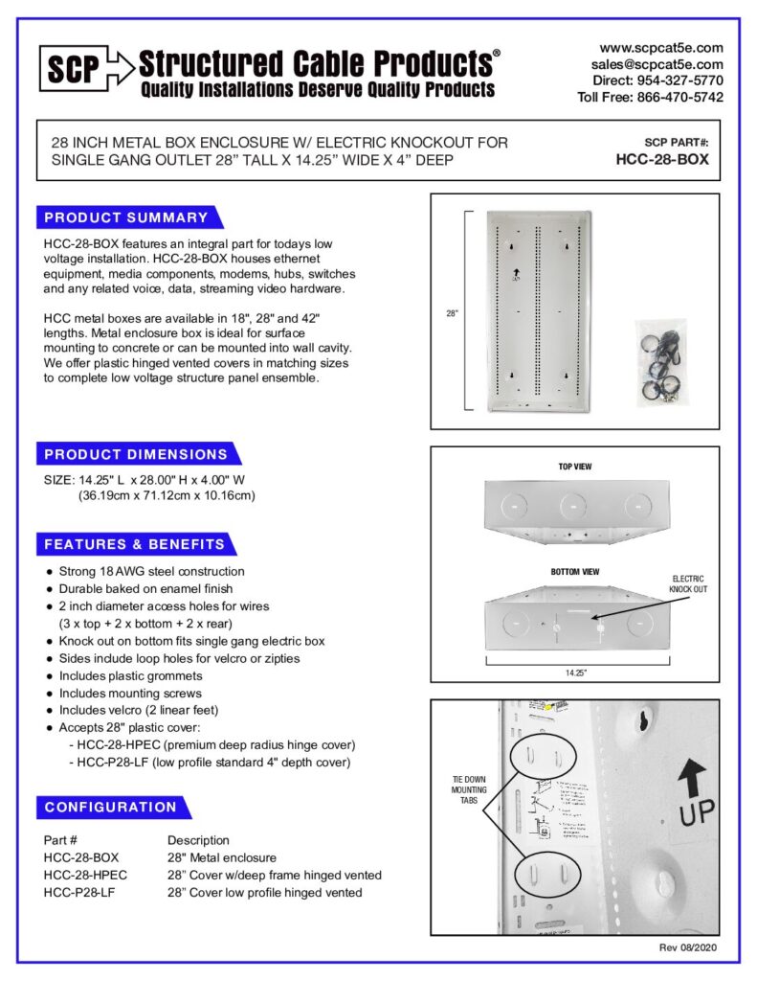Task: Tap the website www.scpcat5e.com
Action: coord(661,47)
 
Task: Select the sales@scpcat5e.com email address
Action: coord(657,63)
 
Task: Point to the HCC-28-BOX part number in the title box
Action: coord(662,160)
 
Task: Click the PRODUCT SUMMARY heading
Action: coord(126,217)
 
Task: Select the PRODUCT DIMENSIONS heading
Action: coord(136,454)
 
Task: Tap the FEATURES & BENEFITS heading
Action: coord(135,544)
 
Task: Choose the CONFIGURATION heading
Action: coord(111,807)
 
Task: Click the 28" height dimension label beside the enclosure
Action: coord(452,313)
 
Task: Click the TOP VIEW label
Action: coord(575,467)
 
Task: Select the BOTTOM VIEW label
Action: coord(574,572)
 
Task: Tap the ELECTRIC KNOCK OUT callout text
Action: coord(688,584)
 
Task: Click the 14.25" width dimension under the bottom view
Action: coord(574,673)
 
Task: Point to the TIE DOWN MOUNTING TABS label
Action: coord(469,790)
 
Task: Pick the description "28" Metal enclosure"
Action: coord(222,857)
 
